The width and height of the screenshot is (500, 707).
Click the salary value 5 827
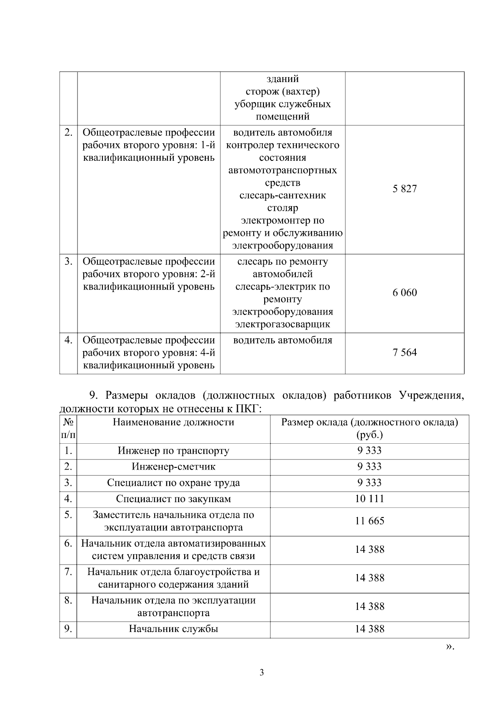pos(404,189)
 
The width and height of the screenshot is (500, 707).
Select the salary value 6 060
pos(404,293)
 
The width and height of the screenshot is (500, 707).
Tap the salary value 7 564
pos(404,353)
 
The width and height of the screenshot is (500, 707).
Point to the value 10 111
pos(369,499)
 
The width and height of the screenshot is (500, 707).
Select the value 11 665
pos(369,521)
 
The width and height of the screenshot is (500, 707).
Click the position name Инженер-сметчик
pos(173,467)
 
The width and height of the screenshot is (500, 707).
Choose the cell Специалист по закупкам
pos(173,499)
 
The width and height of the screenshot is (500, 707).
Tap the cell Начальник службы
pos(173,629)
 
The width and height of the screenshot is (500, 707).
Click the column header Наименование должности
pos(173,422)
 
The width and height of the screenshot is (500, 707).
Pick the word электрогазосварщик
pos(282,325)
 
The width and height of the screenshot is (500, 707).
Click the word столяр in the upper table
pos(282,208)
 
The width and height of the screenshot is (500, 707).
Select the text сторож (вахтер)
pos(282,91)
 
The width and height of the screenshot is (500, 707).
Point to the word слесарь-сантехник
pos(282,195)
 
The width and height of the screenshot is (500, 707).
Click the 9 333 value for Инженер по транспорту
pos(369,451)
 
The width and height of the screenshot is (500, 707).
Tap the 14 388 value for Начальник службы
pos(369,629)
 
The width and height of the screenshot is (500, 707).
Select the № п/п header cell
pos(68,429)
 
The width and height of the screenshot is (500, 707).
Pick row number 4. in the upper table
pos(68,340)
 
